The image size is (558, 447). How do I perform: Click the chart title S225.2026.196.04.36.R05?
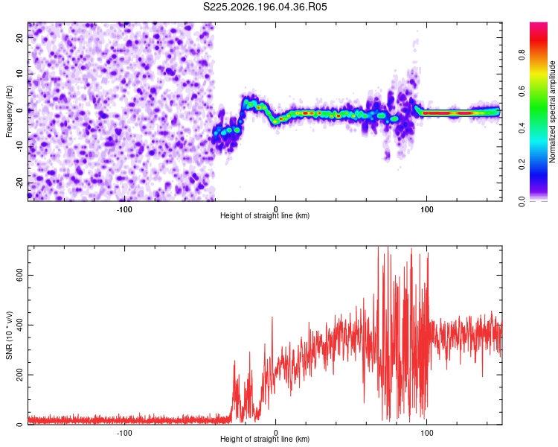[x=265, y=7]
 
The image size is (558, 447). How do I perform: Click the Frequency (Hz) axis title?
[x=9, y=112]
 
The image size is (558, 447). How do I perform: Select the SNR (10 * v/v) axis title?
[x=9, y=335]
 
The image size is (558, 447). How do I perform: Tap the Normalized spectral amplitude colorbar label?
[x=552, y=112]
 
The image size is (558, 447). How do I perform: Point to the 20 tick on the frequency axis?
[x=19, y=37]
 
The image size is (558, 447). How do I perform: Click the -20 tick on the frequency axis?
[x=19, y=183]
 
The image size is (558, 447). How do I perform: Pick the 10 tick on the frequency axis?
[x=19, y=74]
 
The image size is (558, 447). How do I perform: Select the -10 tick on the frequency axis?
[x=19, y=147]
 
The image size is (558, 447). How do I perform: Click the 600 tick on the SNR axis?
[x=19, y=275]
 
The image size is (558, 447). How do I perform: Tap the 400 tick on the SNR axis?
[x=19, y=325]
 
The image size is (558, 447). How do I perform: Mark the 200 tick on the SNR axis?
[x=19, y=375]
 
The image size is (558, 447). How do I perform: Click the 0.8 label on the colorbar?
[x=522, y=55]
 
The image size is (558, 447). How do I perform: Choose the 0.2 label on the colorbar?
[x=522, y=165]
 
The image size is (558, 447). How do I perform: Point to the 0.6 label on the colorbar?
[x=522, y=92]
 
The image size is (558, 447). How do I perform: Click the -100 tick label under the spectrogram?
[x=124, y=209]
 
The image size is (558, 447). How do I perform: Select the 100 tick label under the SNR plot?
[x=427, y=433]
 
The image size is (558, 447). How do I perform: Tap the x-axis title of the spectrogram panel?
[x=265, y=215]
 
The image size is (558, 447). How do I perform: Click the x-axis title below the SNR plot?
[x=265, y=439]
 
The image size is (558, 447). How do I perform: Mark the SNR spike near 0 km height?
[x=272, y=317]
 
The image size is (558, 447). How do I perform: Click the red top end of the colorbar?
[x=539, y=25]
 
